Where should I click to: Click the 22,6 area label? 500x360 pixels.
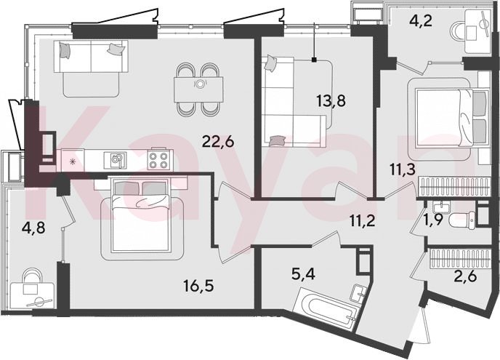tap(218, 141)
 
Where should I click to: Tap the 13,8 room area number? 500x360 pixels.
tap(331, 101)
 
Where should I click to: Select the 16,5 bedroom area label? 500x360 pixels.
tap(198, 286)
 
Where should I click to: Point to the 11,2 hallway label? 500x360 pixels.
tap(362, 220)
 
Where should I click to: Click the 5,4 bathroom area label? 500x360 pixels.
tap(303, 274)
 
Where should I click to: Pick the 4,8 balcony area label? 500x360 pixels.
tap(34, 228)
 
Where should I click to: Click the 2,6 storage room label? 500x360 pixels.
tap(466, 276)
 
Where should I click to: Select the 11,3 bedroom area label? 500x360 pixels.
tap(403, 169)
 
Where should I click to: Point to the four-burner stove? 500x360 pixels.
tap(158, 159)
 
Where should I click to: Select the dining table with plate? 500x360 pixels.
tap(198, 89)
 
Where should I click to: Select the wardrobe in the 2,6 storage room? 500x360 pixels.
tap(459, 259)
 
